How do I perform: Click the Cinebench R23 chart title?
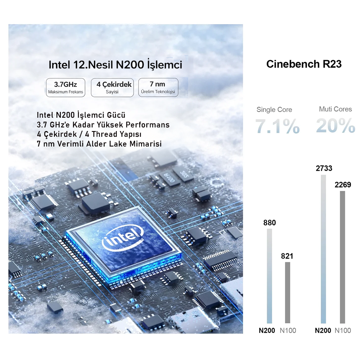click(304, 64)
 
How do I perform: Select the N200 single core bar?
click(269, 275)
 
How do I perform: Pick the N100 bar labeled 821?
click(287, 292)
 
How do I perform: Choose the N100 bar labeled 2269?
click(342, 257)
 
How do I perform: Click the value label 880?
click(270, 223)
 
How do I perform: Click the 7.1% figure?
click(278, 126)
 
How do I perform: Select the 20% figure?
click(336, 126)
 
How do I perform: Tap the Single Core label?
click(274, 109)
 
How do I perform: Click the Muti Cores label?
click(336, 109)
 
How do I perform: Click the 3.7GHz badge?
click(66, 87)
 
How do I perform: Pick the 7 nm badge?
click(158, 87)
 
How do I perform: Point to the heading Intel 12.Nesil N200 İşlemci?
click(115, 65)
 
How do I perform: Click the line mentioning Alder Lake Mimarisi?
click(99, 144)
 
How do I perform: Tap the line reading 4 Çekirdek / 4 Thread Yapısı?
click(89, 134)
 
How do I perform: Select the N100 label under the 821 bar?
click(288, 330)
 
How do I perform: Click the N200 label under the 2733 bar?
click(323, 330)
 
